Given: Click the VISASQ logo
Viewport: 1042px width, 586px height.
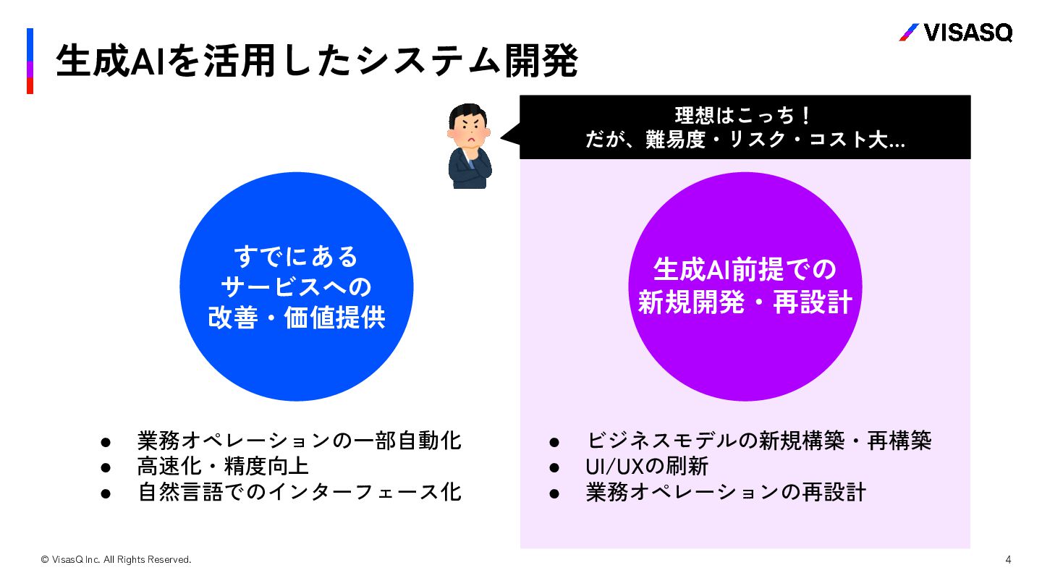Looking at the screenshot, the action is point(955,33).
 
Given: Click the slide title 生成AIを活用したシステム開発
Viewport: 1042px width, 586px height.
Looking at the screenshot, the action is point(316,61).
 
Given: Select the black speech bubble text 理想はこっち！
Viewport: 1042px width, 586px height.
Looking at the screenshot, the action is point(745,116).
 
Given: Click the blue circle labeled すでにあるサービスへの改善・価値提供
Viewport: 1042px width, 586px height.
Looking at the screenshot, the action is point(296,286).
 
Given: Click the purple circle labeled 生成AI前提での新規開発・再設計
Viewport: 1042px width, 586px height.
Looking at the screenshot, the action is point(745,286).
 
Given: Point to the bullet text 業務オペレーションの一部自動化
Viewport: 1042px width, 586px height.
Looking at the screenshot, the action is point(299,440).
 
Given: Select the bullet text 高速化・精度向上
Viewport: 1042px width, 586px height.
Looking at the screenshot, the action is point(223,466).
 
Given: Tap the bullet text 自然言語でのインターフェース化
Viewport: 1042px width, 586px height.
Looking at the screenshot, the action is point(299,492).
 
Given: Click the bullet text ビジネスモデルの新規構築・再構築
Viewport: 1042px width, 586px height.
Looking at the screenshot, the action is point(758,440).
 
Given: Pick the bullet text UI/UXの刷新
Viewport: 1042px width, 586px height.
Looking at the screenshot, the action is point(646,466).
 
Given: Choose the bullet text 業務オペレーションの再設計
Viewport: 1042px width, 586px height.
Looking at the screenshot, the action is point(726,492).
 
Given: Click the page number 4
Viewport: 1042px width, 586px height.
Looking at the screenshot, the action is point(1008,559).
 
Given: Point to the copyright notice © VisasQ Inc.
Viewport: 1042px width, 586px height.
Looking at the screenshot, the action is point(116,559).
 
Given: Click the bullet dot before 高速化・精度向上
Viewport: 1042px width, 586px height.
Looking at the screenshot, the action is point(105,467).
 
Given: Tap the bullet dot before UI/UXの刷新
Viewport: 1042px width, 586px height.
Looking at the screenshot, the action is point(554,467).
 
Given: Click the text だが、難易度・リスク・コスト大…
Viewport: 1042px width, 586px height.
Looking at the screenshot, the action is point(745,140).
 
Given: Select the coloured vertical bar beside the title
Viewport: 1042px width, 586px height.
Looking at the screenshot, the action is point(30,61).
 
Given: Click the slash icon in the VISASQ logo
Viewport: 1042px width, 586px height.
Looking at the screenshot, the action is point(909,33).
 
